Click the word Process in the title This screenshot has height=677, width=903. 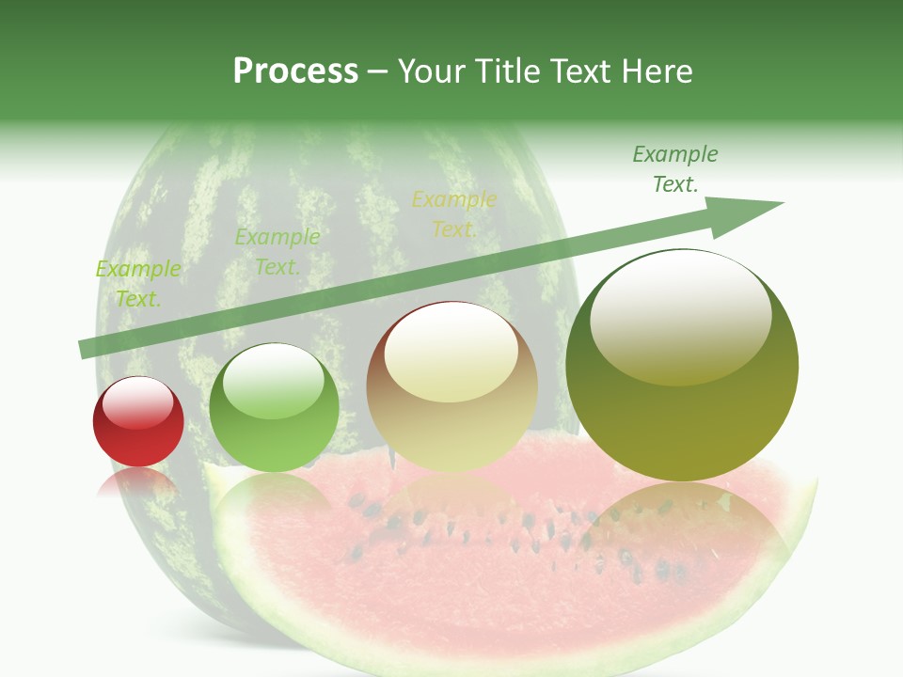(x=295, y=71)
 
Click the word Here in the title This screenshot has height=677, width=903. (x=656, y=71)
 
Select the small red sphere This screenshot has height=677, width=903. (x=138, y=422)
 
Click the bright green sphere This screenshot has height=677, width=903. (x=274, y=408)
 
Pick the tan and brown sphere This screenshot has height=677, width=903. (x=452, y=387)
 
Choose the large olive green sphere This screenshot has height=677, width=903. (x=682, y=365)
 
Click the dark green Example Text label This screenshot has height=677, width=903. (x=674, y=169)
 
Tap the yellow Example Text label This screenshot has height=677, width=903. (x=453, y=214)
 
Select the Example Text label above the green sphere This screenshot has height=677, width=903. (x=277, y=252)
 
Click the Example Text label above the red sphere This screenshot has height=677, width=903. (x=138, y=284)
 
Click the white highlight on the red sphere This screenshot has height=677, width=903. (x=138, y=401)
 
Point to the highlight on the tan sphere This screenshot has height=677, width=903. (x=451, y=353)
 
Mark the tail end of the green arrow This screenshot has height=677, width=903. (x=85, y=349)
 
